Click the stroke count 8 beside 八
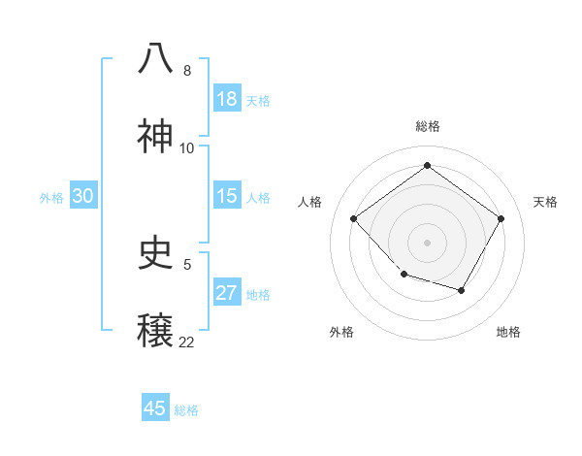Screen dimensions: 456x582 [186, 71]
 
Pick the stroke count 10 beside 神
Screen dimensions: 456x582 [186, 148]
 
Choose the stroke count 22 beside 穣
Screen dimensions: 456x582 [186, 342]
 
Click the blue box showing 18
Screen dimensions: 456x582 [226, 99]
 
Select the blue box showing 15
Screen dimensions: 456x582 [226, 196]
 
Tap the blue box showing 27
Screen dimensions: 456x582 [226, 293]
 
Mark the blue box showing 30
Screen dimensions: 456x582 [82, 196]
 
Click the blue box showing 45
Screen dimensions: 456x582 [155, 408]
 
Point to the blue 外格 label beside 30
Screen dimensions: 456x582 [51, 197]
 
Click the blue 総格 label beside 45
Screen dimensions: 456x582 [186, 409]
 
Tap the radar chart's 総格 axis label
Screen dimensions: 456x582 [427, 126]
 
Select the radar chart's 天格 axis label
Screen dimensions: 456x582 [545, 202]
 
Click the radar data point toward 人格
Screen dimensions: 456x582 [354, 218]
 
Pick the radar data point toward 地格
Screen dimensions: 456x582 [462, 290]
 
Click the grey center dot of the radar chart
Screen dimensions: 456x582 [427, 242]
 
